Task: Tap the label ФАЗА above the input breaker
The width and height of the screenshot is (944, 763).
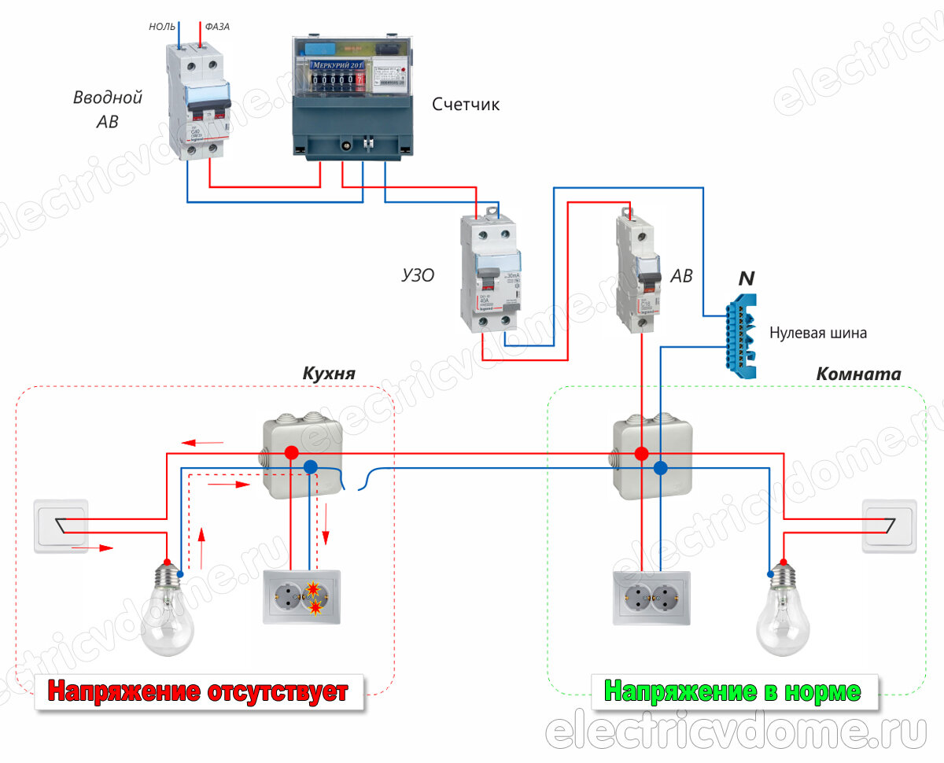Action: pyautogui.click(x=217, y=27)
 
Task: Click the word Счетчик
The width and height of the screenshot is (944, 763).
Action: pyautogui.click(x=466, y=105)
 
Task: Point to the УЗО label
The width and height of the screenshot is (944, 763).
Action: pyautogui.click(x=418, y=275)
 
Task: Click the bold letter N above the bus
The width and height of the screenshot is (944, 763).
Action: pyautogui.click(x=746, y=278)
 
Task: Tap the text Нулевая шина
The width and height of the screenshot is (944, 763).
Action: pyautogui.click(x=818, y=333)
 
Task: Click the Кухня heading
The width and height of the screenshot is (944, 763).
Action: pyautogui.click(x=329, y=373)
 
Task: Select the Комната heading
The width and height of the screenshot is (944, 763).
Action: pyautogui.click(x=858, y=374)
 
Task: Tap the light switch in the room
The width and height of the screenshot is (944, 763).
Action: pyautogui.click(x=890, y=526)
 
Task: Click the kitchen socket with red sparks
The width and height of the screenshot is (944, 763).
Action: pyautogui.click(x=302, y=599)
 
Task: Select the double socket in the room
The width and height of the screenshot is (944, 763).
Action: pyautogui.click(x=651, y=599)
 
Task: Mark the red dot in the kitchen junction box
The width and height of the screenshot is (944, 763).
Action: pyautogui.click(x=291, y=453)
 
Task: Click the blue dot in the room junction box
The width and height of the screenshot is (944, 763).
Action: pyautogui.click(x=660, y=467)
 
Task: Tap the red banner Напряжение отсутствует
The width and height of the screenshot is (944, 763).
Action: pyautogui.click(x=198, y=692)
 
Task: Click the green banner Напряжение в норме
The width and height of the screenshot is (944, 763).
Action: pyautogui.click(x=732, y=692)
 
